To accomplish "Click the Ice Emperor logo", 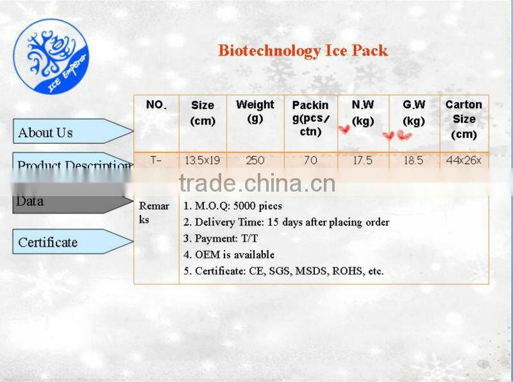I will point(57,58).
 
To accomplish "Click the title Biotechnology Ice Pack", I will point(303,51).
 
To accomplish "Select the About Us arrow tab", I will point(71,132).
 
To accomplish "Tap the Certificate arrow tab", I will point(71,242).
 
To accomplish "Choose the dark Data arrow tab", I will point(71,202).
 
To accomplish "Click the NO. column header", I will point(156,105).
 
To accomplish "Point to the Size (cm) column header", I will point(203,113).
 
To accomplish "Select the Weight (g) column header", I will point(255,111).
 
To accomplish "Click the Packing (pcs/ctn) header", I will point(310,118).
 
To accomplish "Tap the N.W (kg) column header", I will point(363,112).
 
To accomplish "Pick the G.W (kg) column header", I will point(414,112).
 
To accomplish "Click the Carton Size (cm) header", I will point(464,119).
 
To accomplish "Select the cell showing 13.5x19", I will point(203,161).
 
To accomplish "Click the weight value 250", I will point(255,161).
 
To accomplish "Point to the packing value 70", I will point(310,161).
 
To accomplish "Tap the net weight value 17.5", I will point(362,161).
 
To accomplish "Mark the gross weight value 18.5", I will point(414,161).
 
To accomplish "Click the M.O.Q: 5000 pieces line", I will point(233,206).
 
